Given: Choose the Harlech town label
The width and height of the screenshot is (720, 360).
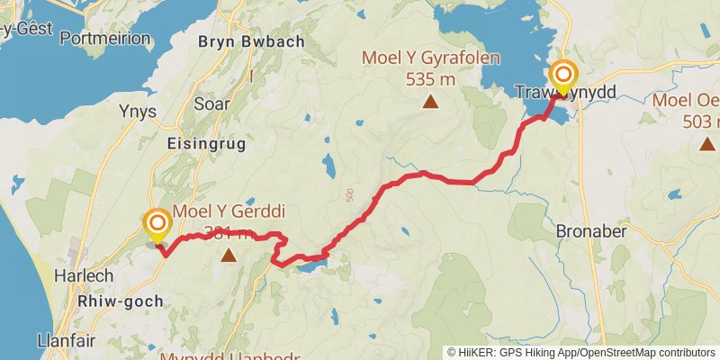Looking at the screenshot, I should [x=83, y=274].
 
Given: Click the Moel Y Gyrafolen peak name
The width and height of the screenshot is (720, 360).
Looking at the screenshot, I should [x=429, y=58].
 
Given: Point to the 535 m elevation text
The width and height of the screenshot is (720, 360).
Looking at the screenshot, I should [x=430, y=79].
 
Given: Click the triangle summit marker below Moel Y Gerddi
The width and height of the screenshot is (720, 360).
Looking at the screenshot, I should [x=229, y=256].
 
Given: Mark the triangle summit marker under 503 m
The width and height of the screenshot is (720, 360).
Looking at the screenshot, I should [x=707, y=143].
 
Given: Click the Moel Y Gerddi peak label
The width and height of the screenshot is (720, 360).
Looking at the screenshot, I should [x=229, y=212].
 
